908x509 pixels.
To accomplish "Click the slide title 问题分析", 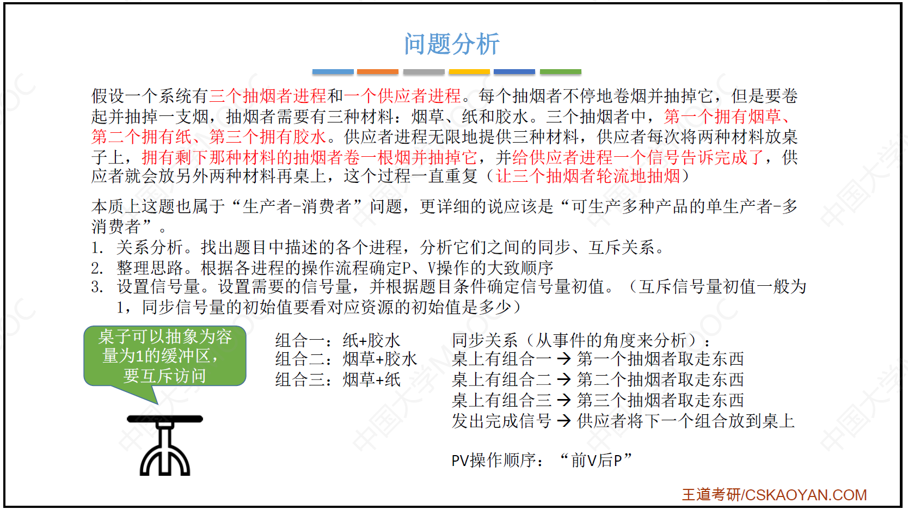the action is [x=452, y=44].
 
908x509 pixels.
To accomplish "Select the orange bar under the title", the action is [x=378, y=72].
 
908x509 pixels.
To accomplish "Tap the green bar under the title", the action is [x=561, y=72].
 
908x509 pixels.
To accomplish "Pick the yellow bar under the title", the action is [x=469, y=72].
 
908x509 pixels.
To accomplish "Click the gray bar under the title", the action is [x=424, y=72].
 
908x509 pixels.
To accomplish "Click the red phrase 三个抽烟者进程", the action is [x=268, y=96].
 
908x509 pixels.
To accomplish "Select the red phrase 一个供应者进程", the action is [x=402, y=96].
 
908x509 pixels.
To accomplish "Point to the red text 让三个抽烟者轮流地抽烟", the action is [x=588, y=176].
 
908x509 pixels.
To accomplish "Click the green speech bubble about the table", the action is [x=164, y=356].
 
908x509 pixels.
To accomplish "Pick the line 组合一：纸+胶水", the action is [x=338, y=340].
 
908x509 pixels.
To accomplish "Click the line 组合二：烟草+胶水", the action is [x=346, y=359].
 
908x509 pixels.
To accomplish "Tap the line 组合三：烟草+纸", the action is [x=338, y=380].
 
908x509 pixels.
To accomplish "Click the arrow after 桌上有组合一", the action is [x=564, y=359].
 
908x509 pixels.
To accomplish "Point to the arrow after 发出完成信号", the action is [x=564, y=421].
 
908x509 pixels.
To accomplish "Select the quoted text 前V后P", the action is [x=596, y=461].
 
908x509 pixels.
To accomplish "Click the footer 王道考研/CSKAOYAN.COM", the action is [x=774, y=495].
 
